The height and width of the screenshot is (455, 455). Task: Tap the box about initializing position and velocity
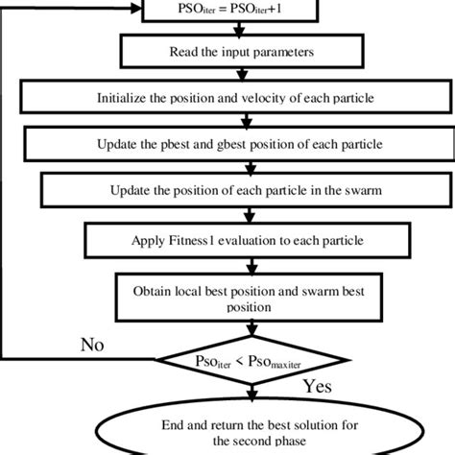(227, 97)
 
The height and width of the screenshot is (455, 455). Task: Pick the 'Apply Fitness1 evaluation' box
(227, 236)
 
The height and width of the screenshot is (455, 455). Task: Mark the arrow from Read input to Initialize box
(247, 73)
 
